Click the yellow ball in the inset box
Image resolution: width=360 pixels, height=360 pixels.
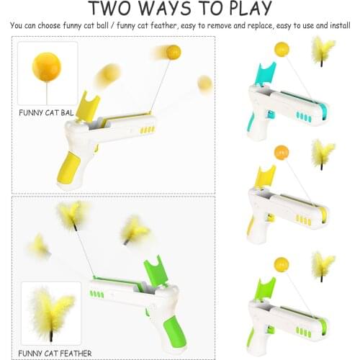(x=46, y=67)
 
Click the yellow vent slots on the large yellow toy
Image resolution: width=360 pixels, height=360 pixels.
(x=147, y=130)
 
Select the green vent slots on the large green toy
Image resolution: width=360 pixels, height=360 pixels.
(x=95, y=294)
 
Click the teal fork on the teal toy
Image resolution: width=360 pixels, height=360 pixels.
(x=262, y=73)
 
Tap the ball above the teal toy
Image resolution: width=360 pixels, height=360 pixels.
(x=280, y=48)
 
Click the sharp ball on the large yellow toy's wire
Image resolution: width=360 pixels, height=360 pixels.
(x=173, y=51)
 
